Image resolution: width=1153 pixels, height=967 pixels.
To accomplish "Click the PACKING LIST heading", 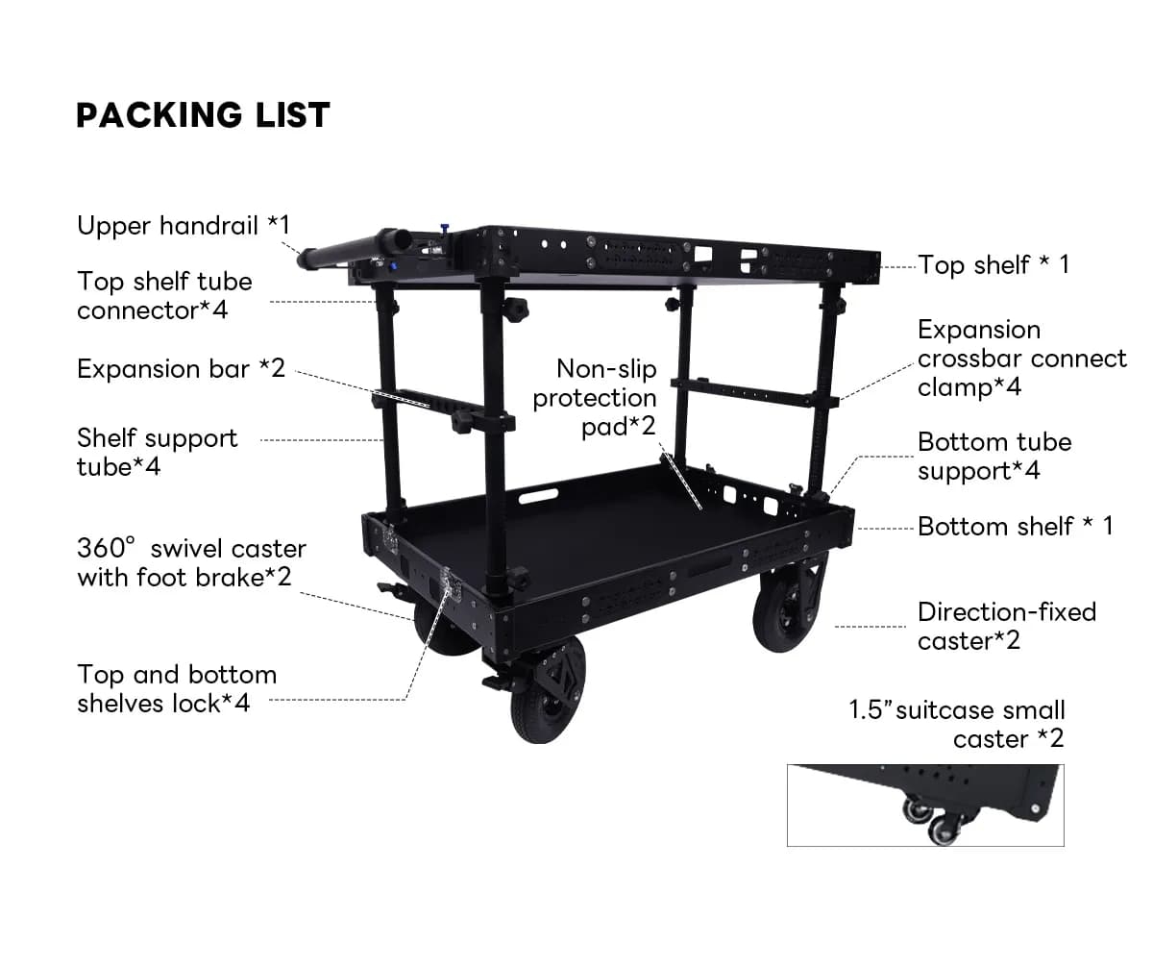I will click(203, 115).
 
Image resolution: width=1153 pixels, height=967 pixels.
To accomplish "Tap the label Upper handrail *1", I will click(183, 227).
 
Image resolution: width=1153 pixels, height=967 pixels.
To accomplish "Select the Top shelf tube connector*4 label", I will click(164, 296).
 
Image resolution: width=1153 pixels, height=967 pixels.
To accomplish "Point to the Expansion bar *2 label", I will click(181, 369).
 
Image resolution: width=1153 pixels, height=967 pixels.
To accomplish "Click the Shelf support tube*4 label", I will click(157, 452).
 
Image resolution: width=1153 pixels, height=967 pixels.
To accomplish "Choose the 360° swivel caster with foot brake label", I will click(191, 562).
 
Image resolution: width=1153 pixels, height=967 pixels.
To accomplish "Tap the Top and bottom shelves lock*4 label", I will click(177, 688).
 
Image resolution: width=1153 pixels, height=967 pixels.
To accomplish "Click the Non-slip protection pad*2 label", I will click(595, 397).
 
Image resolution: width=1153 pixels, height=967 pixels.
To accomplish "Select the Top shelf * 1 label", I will click(993, 264).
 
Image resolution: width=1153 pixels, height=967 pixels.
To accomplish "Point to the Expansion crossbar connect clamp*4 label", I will click(1021, 359).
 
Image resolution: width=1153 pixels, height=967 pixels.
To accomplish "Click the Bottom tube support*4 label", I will click(994, 457).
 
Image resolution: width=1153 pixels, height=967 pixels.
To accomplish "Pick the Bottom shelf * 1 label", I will click(1015, 526).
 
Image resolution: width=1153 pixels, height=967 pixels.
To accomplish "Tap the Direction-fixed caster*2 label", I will click(1006, 626).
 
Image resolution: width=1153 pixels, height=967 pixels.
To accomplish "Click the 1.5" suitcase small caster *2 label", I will click(957, 725).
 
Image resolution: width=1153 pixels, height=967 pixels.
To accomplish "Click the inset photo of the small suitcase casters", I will click(924, 806).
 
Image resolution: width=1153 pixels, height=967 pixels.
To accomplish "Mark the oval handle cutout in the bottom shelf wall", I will click(538, 496).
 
